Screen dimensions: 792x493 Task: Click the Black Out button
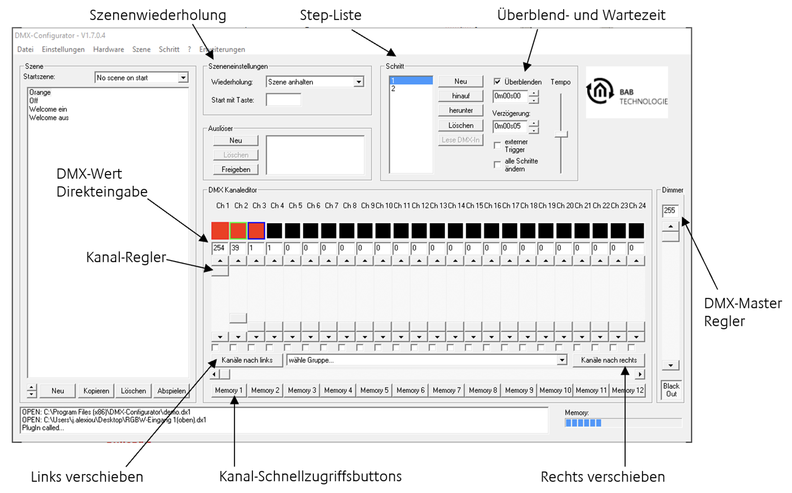[x=671, y=390]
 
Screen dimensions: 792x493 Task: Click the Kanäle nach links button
[x=247, y=360]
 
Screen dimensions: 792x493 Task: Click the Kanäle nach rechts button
[x=608, y=360]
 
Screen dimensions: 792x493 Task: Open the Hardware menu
[x=109, y=49]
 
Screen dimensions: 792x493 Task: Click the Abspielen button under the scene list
[x=172, y=391]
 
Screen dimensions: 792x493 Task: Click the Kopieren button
[x=96, y=391]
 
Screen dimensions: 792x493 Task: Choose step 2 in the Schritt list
[x=411, y=89]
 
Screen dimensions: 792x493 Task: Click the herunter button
[x=461, y=110]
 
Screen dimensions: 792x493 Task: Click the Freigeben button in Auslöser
[x=236, y=169]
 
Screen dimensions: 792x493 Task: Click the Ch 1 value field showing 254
[x=220, y=248]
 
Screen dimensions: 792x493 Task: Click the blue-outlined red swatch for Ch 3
[x=256, y=231]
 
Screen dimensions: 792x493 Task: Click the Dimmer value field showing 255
[x=670, y=211]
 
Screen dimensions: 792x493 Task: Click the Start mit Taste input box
[x=283, y=100]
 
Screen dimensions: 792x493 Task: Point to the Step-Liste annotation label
[x=331, y=15]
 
